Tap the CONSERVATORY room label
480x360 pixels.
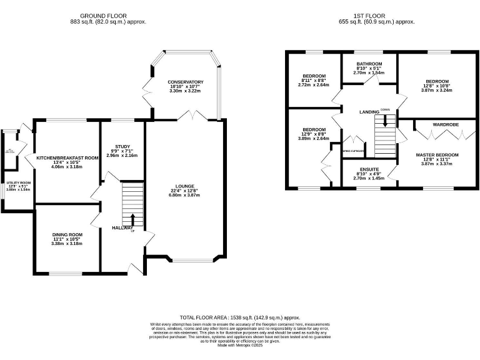[185, 82]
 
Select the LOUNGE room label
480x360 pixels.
[185, 186]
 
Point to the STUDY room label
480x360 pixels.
[122, 146]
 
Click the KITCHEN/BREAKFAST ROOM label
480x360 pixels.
[67, 158]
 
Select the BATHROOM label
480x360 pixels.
[369, 64]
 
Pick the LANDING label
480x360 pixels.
[369, 112]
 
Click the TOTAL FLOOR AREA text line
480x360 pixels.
[240, 317]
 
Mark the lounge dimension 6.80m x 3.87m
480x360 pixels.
[185, 195]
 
